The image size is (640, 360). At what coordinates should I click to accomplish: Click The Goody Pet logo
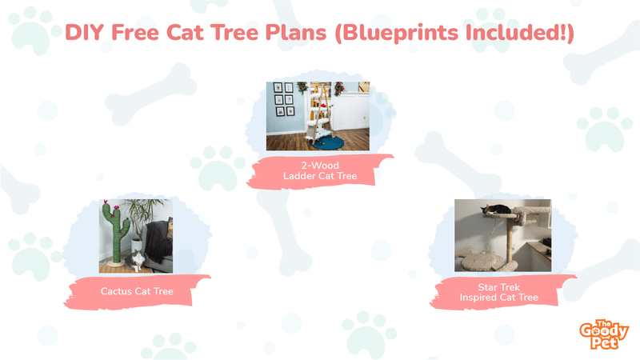point(604,334)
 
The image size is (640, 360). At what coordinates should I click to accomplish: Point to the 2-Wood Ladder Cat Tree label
point(320,170)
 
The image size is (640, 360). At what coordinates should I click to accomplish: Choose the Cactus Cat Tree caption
point(137,291)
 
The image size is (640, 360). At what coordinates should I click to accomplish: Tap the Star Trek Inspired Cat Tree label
point(498,292)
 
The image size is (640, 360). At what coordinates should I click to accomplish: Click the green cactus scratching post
point(115,233)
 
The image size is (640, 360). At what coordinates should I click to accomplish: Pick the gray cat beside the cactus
point(137,261)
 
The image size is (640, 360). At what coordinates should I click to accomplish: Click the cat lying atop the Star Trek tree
point(496,210)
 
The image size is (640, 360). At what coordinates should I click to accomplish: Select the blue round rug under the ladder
point(327,143)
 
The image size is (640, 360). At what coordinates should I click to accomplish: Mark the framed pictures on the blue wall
point(283,99)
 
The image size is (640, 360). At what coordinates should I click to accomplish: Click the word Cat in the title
point(185,32)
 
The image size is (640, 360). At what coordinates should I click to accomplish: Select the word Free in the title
point(134,32)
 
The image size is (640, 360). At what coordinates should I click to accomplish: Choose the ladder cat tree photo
point(318,116)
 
